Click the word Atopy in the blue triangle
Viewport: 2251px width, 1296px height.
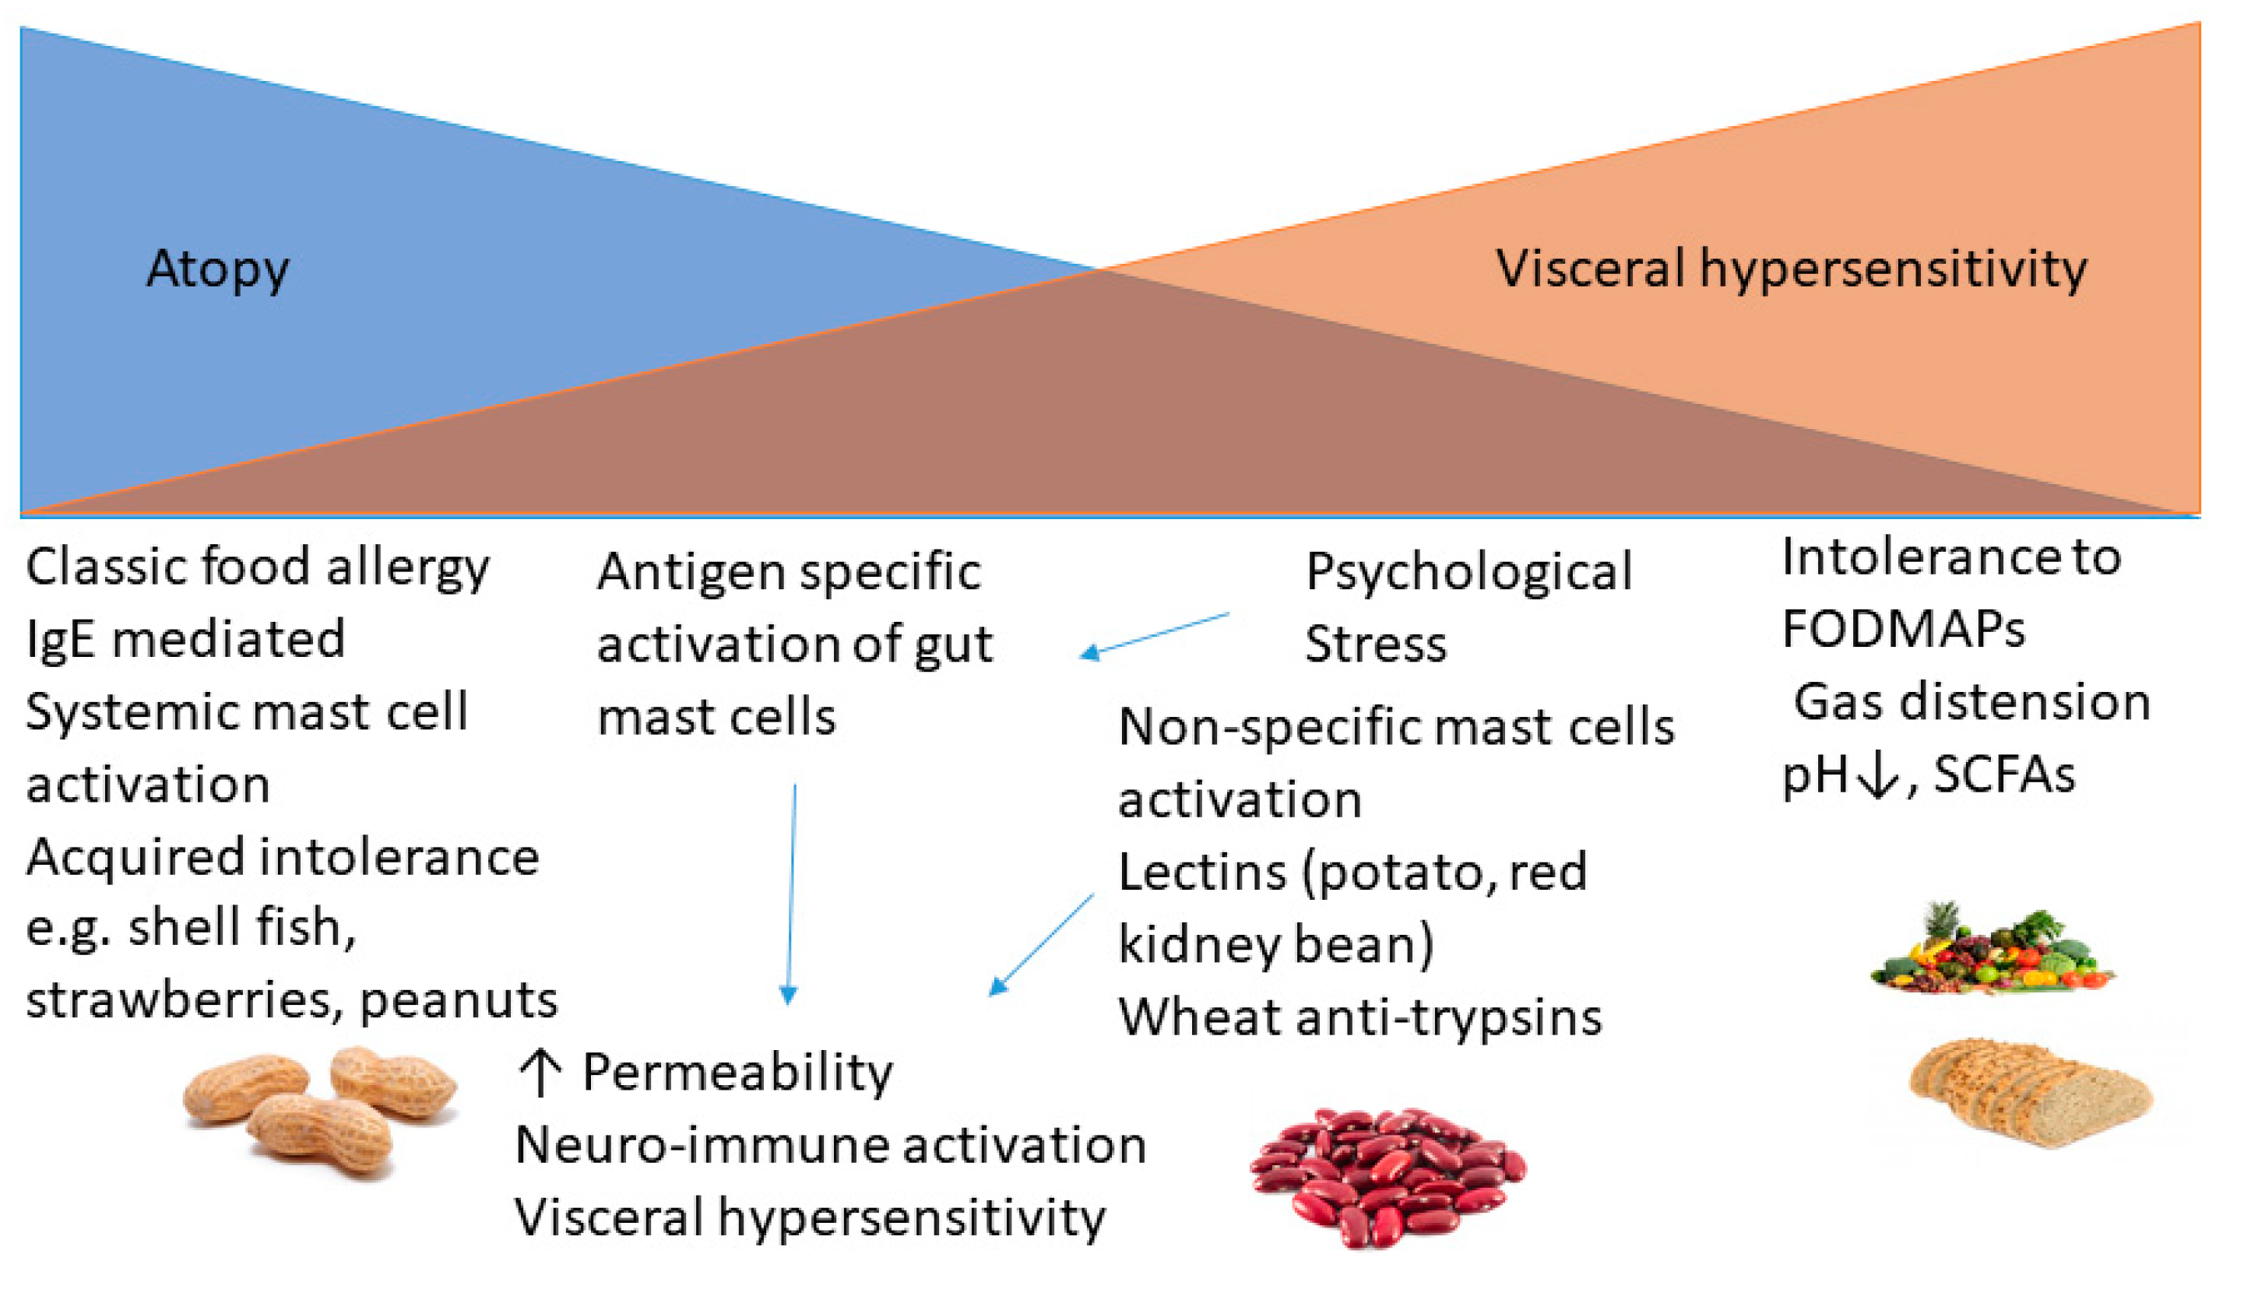pos(217,269)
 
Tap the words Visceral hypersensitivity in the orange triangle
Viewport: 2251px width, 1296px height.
pos(1790,268)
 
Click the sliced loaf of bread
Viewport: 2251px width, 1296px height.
pos(2030,1092)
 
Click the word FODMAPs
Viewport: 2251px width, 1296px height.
pos(1903,629)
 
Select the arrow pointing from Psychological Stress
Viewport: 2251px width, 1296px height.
pos(1154,635)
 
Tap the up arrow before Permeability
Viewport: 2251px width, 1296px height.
pos(540,1072)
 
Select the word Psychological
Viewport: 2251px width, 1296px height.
pos(1468,572)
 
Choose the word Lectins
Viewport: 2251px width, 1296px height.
pos(1201,873)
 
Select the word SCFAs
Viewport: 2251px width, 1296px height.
pos(2003,774)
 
